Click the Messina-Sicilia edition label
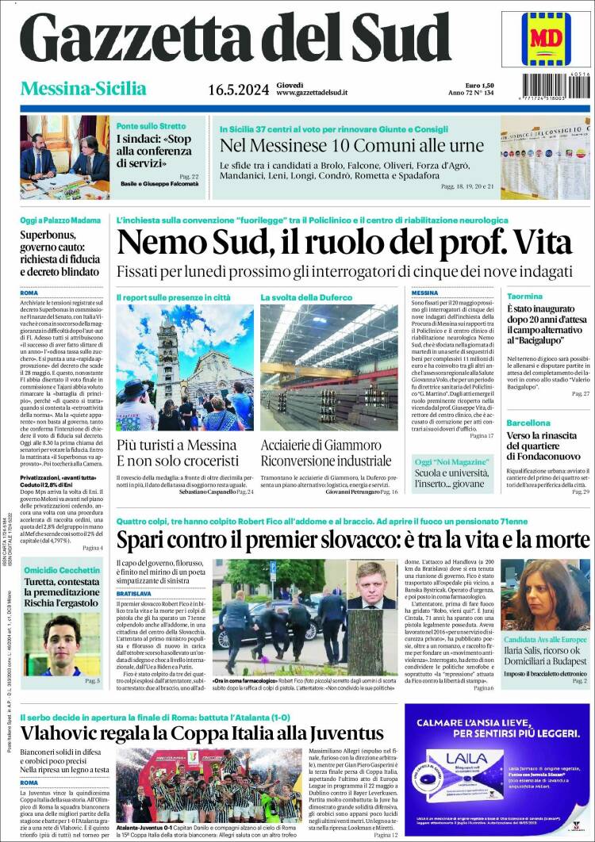pos(83,88)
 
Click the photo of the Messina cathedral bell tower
pos(185,367)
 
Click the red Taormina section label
pos(524,296)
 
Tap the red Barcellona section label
pos(528,423)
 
